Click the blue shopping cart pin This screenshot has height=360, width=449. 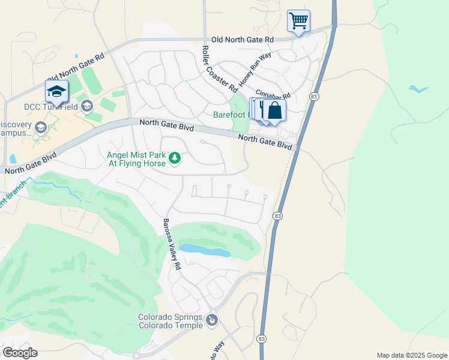pos(298,21)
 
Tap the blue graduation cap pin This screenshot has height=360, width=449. pos(56,92)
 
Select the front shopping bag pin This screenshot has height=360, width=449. pos(274,111)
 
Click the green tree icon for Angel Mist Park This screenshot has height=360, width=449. pos(175,158)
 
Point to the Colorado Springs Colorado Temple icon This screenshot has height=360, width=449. pos(211,320)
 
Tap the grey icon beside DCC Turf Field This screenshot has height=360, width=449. pos(87,107)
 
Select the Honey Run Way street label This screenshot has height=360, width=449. pos(255,69)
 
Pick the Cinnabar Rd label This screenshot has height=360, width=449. pos(273,95)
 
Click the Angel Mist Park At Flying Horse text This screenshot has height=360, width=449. pos(136,158)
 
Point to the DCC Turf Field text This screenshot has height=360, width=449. pos(50,107)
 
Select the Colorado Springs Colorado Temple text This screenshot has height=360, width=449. pos(170,321)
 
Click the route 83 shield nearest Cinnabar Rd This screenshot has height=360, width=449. pos(313,96)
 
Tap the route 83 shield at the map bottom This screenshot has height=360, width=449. pos(261,339)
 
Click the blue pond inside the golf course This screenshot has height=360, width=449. pos(204,250)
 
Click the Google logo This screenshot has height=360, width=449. pos(19,353)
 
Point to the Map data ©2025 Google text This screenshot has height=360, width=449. pos(411,355)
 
